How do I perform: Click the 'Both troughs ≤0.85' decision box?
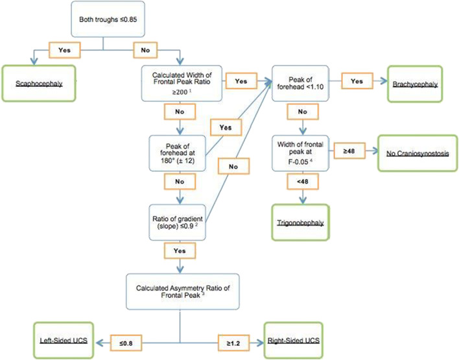pos(104,21)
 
